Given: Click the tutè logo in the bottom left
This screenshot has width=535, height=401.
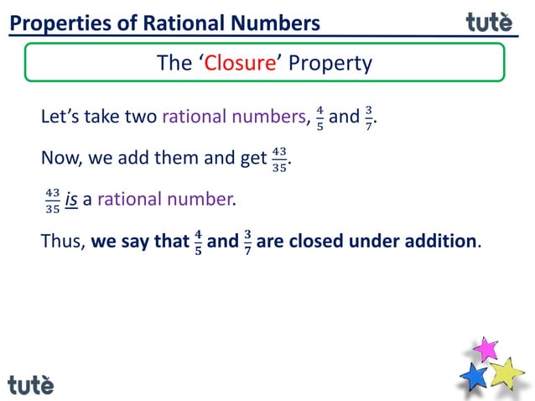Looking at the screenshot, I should pyautogui.click(x=31, y=384).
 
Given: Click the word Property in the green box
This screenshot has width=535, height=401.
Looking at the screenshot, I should pyautogui.click(x=330, y=64).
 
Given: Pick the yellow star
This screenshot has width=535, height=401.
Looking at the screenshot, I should pyautogui.click(x=506, y=372).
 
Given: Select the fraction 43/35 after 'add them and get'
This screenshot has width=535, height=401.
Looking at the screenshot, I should pyautogui.click(x=278, y=159).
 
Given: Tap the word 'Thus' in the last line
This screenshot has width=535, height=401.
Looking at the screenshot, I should pyautogui.click(x=61, y=242).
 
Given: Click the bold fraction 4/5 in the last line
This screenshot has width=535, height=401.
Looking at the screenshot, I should pyautogui.click(x=197, y=242).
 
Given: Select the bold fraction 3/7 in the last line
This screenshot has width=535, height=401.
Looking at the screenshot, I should pyautogui.click(x=247, y=242).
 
